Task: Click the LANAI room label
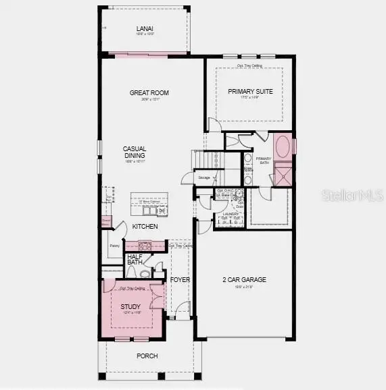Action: pos(145,28)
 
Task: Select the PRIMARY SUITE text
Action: pos(250,92)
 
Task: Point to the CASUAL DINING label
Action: pos(135,152)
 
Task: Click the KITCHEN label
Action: pos(145,227)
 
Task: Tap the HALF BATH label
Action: pos(134,260)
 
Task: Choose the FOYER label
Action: pos(179,279)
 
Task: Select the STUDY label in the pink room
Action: pos(130,307)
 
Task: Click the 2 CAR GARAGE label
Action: pos(245,279)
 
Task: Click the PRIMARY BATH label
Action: pos(263,161)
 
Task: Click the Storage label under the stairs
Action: pos(204,177)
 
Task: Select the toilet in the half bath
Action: pos(143,273)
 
